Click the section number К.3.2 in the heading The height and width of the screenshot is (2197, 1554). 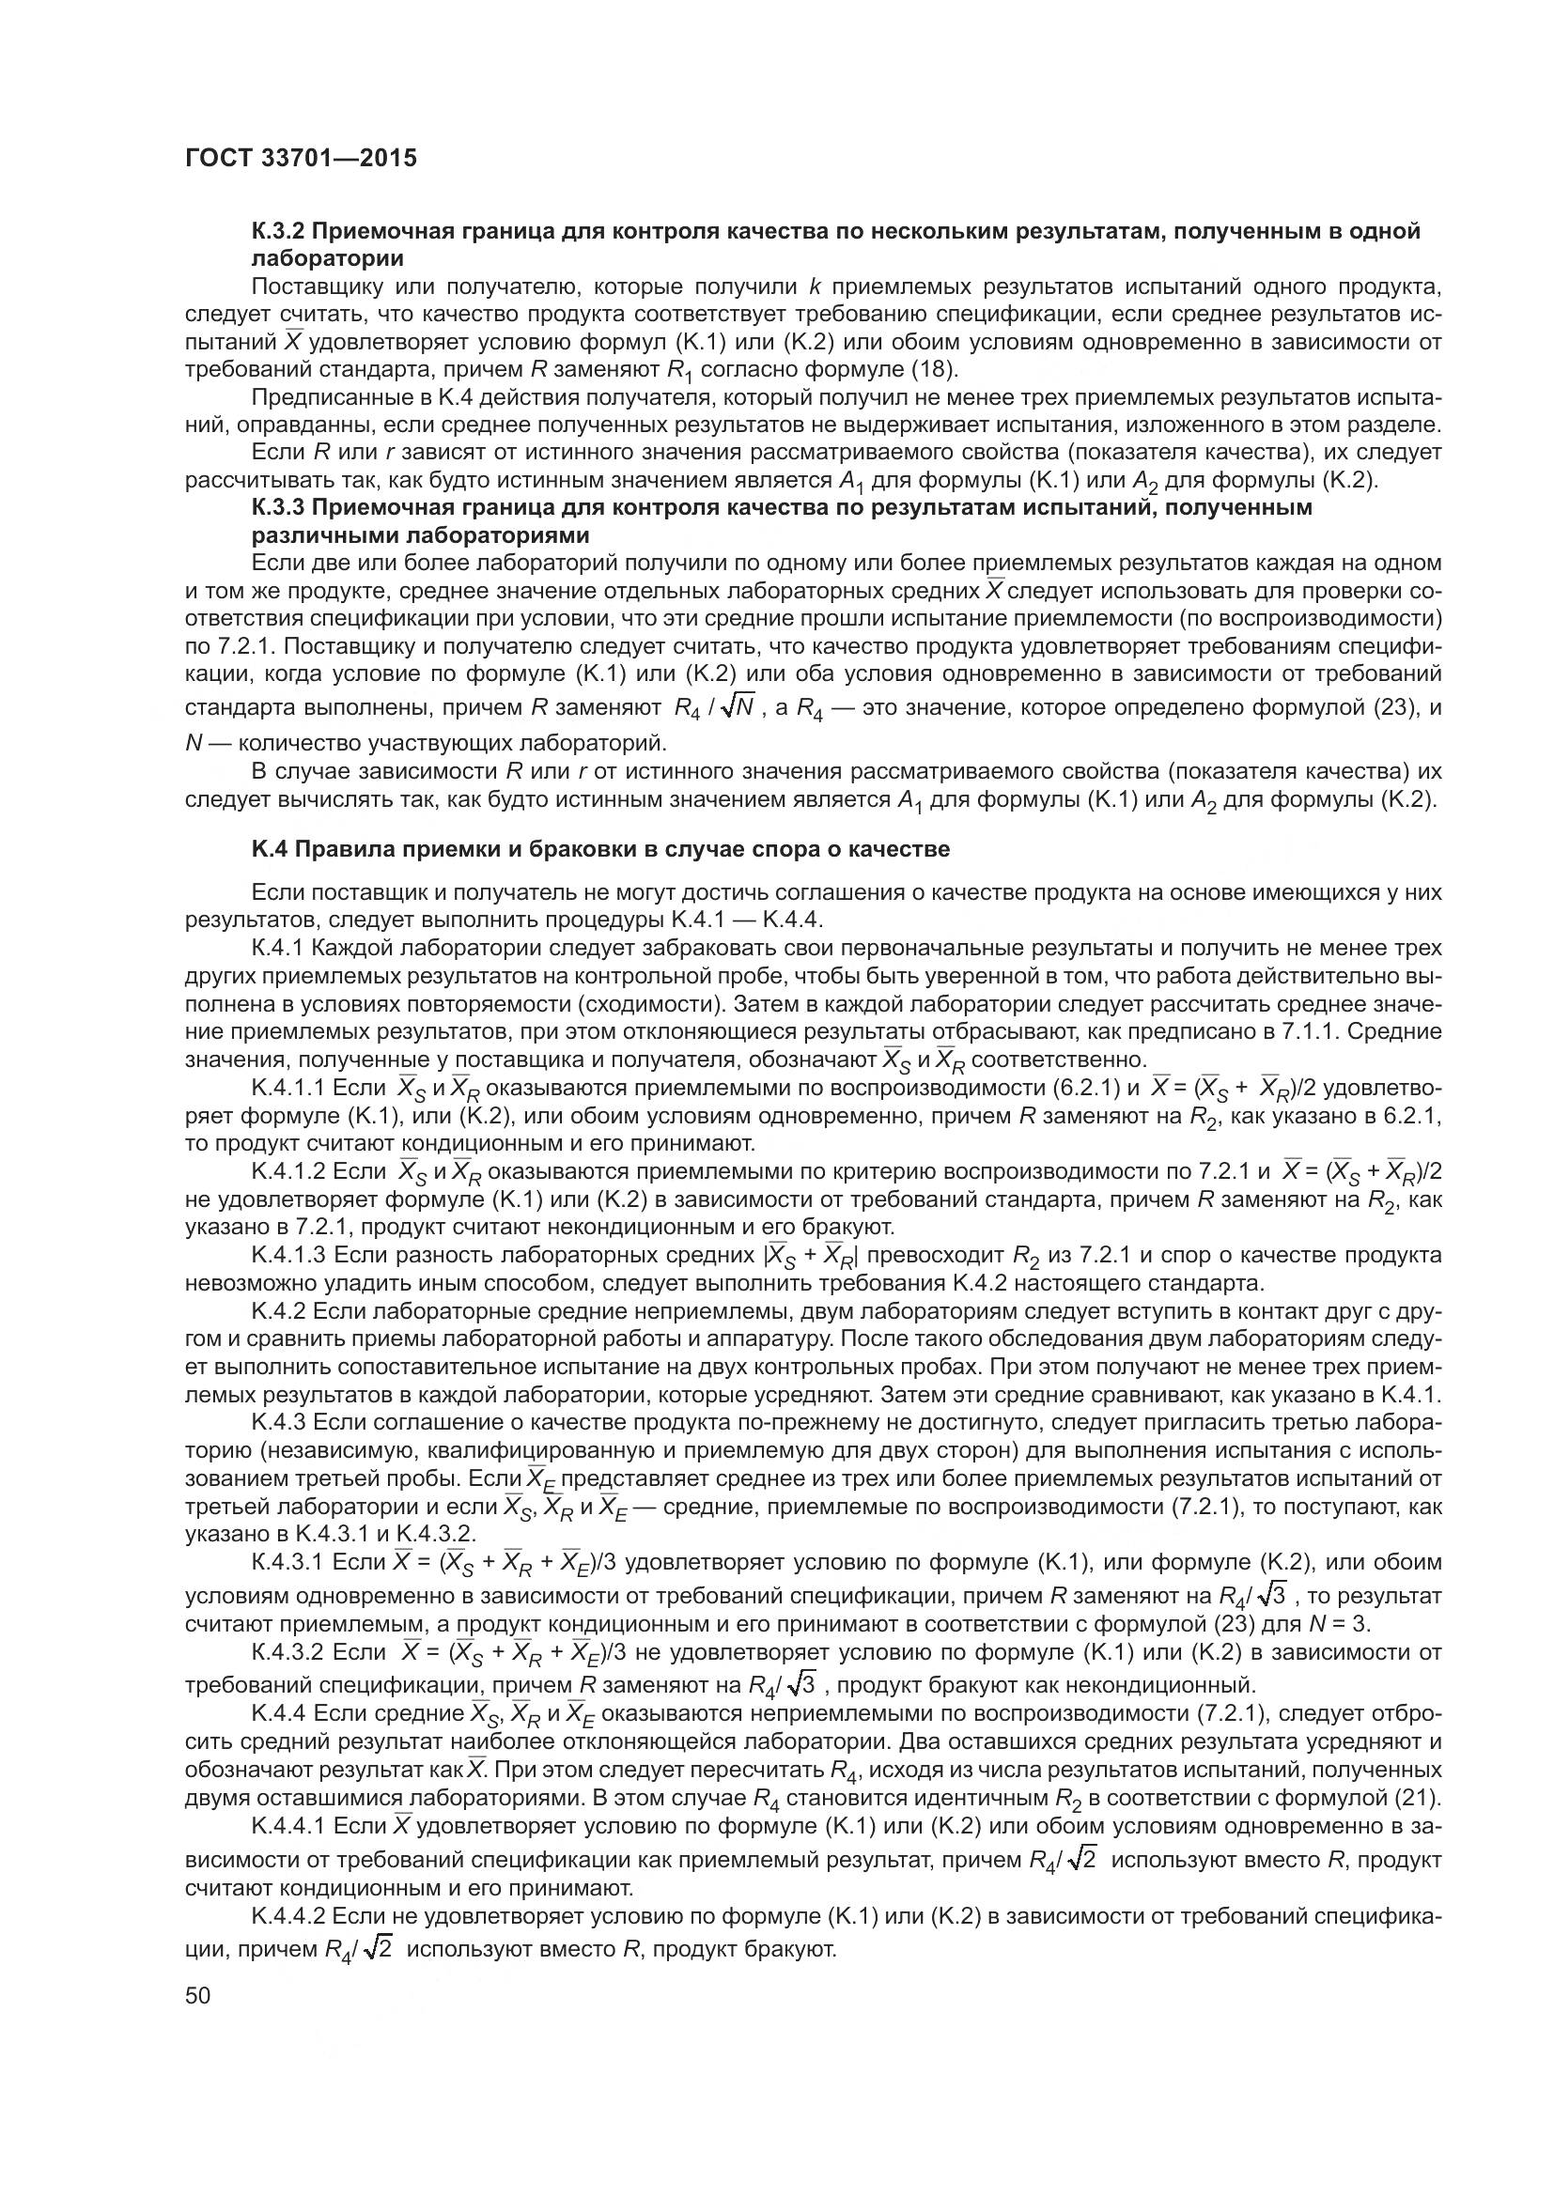point(278,232)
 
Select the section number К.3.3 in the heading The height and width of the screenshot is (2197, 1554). point(278,507)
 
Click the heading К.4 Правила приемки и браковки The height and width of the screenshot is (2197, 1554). point(600,849)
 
